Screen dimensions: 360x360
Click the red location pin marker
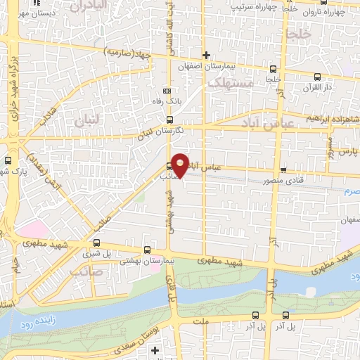pos(181,165)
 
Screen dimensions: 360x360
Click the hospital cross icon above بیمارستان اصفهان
pos(205,54)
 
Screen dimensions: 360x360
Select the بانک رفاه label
pos(167,102)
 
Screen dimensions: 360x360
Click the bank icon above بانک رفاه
pos(167,91)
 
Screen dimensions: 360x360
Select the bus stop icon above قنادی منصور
pos(283,169)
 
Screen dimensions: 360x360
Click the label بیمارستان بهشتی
pos(147,260)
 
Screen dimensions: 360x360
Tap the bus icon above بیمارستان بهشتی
pos(146,250)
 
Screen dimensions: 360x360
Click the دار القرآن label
pos(316,86)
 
